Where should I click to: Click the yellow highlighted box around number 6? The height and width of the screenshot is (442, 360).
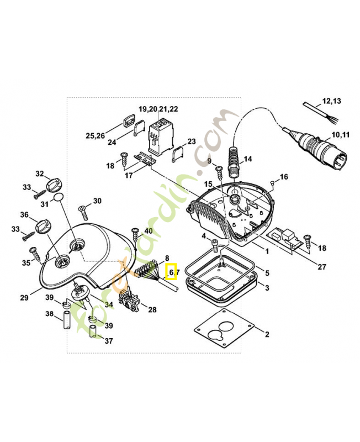(x=172, y=271)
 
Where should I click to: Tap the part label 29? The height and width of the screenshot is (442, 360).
(x=24, y=298)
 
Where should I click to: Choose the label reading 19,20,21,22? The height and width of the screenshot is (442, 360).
(x=158, y=109)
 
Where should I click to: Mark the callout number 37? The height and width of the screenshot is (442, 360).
(x=108, y=341)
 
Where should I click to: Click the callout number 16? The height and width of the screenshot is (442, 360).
(x=284, y=177)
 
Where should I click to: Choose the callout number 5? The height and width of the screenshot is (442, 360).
(x=267, y=273)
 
